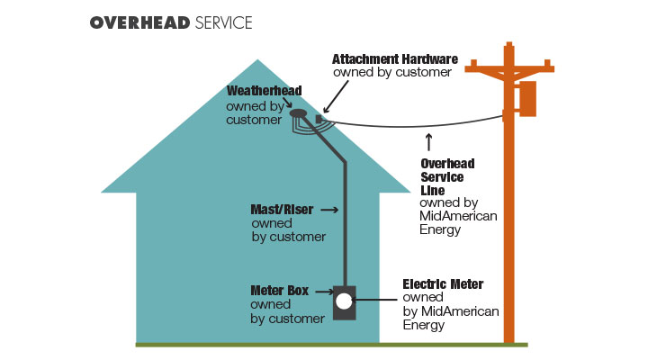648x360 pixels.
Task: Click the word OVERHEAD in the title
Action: tap(139, 22)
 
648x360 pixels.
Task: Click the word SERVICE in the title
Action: tap(223, 22)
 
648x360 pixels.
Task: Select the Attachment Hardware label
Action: tap(395, 58)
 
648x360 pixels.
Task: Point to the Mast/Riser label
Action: tap(281, 209)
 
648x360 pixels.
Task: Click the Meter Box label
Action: tap(280, 291)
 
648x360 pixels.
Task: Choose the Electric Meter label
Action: tap(442, 284)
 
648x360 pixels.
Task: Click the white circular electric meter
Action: tap(344, 303)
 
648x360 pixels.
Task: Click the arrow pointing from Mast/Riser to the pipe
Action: tap(327, 209)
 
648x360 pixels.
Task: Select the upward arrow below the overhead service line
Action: tap(428, 141)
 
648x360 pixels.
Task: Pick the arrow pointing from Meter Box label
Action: tap(323, 292)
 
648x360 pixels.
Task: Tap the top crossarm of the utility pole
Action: tap(509, 67)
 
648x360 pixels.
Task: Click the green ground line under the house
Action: tap(270, 344)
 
